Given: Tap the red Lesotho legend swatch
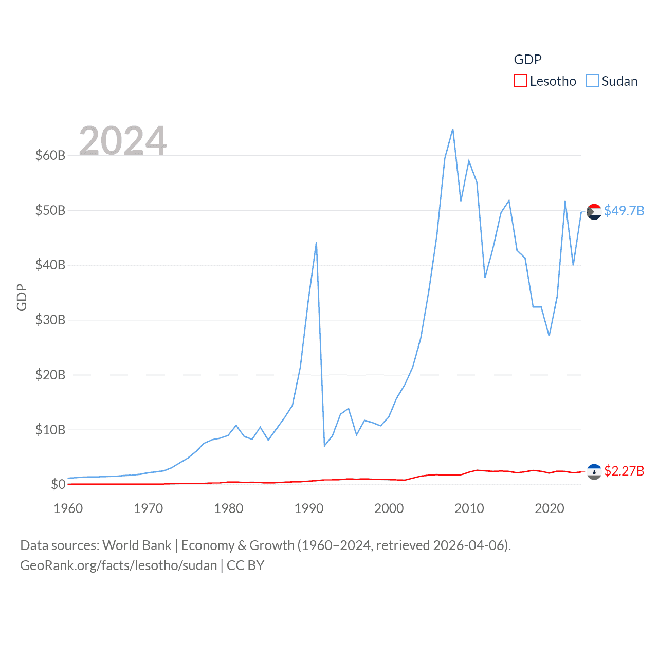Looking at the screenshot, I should pos(520,81).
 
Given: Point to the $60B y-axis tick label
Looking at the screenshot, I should pos(50,155).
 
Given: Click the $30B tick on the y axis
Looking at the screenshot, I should pos(50,320).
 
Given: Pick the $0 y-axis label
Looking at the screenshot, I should pos(58,484).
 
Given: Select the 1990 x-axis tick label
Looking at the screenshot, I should pos(309,508).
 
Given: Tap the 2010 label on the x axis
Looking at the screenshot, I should pos(469,508).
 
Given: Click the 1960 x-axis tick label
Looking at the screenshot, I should pos(68,508).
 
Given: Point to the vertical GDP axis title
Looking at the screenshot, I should pos(22,297).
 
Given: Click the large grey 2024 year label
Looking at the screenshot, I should pos(123,140).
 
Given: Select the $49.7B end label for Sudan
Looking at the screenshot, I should pos(624,211).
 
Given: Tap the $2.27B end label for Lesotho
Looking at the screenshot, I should pos(624,471).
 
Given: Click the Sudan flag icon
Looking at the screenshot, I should pos(594,211).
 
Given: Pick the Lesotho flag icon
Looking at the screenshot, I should pos(594,471).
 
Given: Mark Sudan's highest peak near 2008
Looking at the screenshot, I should pos(453,129).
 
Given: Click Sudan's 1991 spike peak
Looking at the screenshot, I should pos(316,242).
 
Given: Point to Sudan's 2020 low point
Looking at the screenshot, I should pos(549,336).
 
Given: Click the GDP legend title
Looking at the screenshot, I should pos(527,60).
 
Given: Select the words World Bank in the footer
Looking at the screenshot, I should pos(137,545).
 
